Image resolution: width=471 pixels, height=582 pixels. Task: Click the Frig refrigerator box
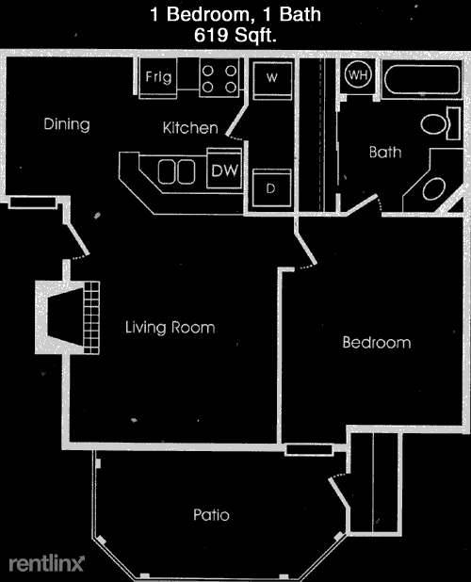pos(157,78)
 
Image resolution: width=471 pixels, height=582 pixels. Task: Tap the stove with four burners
pos(219,78)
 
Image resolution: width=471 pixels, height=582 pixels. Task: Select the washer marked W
pos(272,81)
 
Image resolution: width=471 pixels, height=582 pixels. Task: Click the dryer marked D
pos(271,187)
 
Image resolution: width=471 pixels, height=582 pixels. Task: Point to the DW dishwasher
pos(224,170)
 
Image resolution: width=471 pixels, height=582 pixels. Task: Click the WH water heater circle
pos(358,75)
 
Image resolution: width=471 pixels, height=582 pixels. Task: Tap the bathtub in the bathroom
pos(422,80)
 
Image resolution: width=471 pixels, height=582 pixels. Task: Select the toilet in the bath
pos(441,123)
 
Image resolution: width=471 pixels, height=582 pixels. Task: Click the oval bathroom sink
pos(434,189)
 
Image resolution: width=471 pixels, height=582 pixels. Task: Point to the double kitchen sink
pos(176,171)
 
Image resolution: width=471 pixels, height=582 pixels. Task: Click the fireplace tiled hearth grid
pos(91,317)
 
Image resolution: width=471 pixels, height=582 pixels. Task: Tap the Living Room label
pos(170,328)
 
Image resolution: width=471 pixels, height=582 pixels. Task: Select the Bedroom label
pos(377,342)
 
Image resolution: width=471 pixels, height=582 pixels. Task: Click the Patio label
pos(211,515)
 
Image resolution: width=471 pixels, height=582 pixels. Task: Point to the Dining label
pos(67,124)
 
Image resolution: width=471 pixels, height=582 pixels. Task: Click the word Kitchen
pos(190,128)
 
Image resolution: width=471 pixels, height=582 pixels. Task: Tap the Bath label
pos(385,153)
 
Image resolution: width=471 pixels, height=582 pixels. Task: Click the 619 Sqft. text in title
pos(235,36)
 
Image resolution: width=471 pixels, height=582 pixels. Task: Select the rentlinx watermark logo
pos(47,563)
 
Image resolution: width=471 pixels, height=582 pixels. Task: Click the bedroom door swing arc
pos(307,267)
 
